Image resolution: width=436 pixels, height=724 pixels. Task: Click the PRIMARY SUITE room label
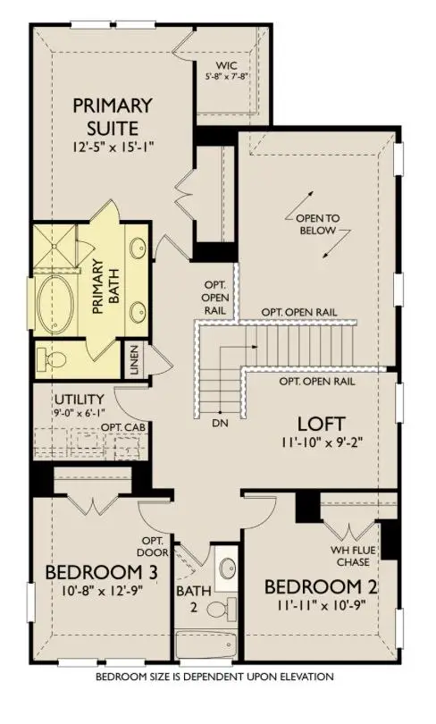[x=113, y=116]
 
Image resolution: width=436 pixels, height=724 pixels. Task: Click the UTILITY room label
[x=79, y=398]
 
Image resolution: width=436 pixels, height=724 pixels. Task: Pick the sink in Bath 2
[x=226, y=568]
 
